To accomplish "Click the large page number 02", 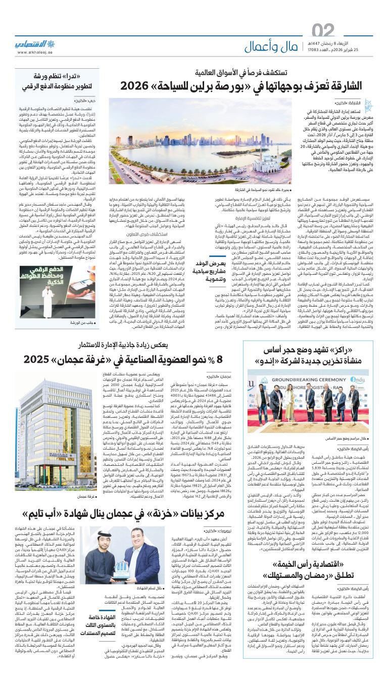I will point(323,31).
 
